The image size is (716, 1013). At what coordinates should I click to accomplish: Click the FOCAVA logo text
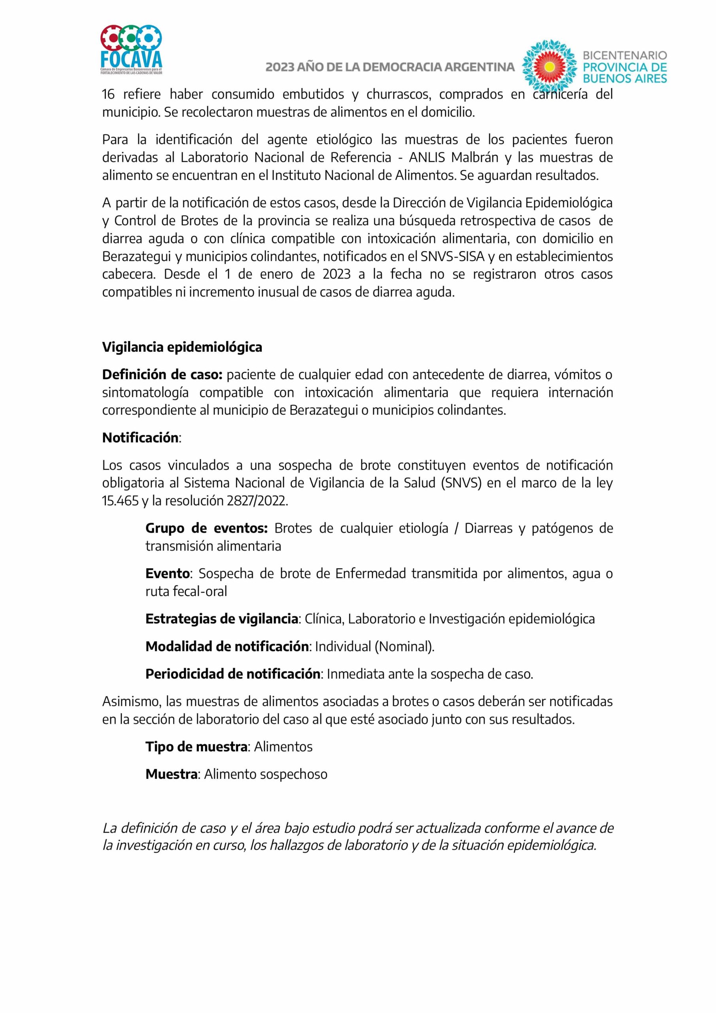(131, 59)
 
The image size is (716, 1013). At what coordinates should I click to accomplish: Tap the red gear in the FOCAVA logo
(112, 37)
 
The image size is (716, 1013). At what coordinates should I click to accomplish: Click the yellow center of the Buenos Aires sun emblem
(549, 66)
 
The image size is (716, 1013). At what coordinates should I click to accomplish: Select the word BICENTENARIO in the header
(625, 55)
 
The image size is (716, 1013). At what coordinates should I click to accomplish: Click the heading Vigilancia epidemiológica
(182, 347)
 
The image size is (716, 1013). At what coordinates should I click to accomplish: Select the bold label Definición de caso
(162, 375)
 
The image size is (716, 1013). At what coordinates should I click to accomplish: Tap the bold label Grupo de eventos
(206, 528)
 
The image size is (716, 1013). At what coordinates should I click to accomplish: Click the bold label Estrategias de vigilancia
(222, 619)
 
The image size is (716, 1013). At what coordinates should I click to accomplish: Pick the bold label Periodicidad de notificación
(233, 674)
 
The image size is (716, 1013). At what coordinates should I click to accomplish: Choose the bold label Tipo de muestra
(196, 747)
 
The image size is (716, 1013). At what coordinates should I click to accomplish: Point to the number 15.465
(120, 501)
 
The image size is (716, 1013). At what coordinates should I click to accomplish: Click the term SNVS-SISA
(452, 256)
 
